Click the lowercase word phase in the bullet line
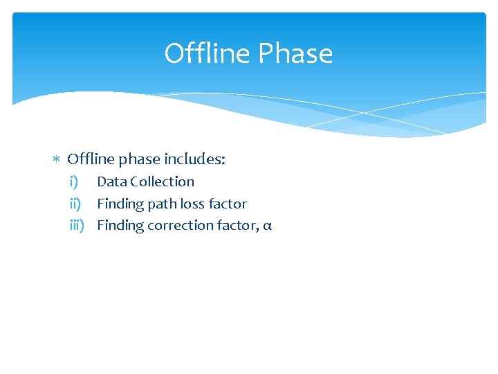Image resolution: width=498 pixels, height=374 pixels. tap(139, 160)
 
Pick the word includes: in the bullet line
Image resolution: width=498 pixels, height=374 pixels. tap(195, 159)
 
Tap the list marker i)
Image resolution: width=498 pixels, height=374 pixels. tap(73, 181)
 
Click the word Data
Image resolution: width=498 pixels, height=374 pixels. tap(111, 181)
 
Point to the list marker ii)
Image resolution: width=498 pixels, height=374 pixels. tap(75, 204)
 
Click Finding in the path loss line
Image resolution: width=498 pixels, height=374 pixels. tap(119, 204)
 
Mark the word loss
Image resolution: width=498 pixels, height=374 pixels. tap(193, 204)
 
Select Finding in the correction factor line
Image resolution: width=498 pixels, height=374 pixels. tap(119, 225)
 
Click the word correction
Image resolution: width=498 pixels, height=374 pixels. tap(180, 225)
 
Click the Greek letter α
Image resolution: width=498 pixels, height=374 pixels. tap(268, 226)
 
